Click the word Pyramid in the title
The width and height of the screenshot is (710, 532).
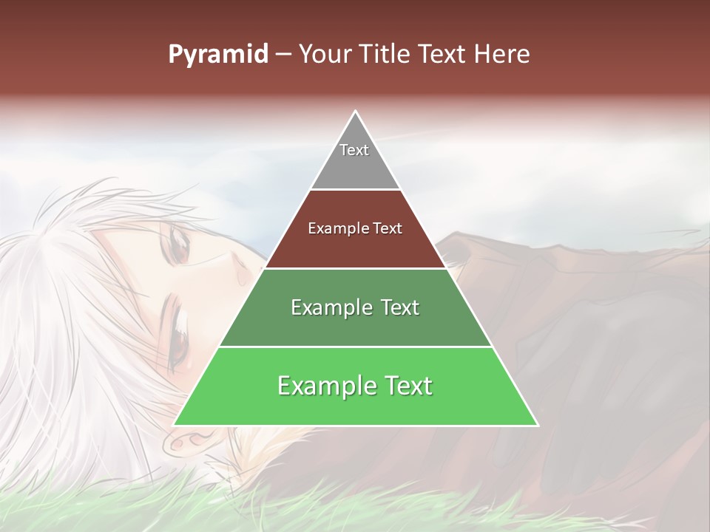pyautogui.click(x=217, y=55)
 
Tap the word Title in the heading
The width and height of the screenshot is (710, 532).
pyautogui.click(x=386, y=55)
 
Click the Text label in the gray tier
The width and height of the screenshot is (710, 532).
pyautogui.click(x=354, y=150)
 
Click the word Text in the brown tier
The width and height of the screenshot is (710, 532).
pyautogui.click(x=388, y=229)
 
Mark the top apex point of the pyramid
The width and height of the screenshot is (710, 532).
pyautogui.click(x=356, y=111)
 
